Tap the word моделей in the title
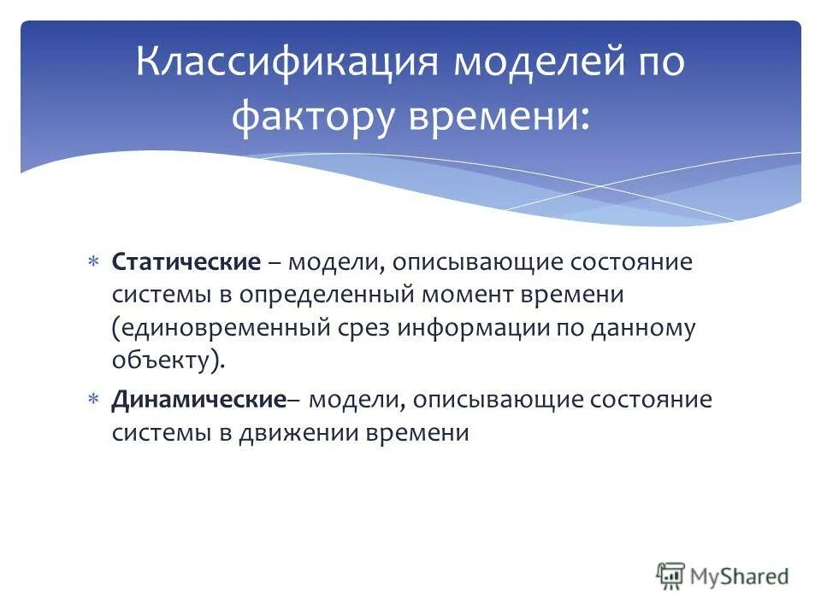pyautogui.click(x=521, y=65)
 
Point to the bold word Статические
pyautogui.click(x=186, y=261)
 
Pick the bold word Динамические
pyautogui.click(x=198, y=400)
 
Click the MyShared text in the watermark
pyautogui.click(x=741, y=576)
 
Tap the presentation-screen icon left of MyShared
pyautogui.click(x=671, y=576)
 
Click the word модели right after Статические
pyautogui.click(x=337, y=261)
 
